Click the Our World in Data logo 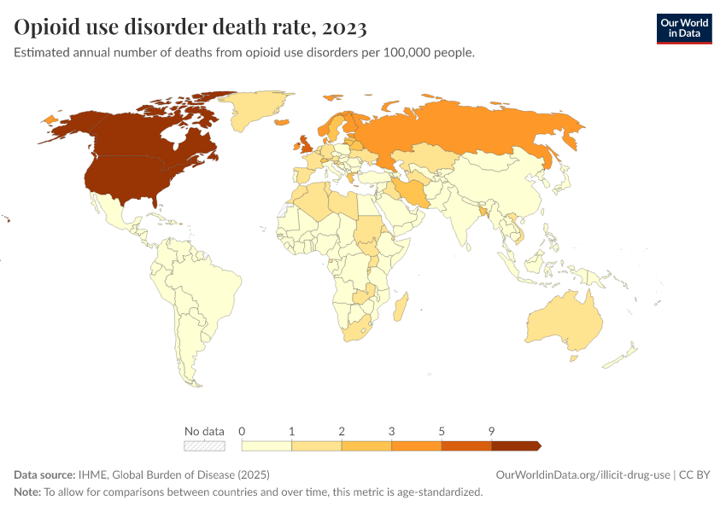(683, 28)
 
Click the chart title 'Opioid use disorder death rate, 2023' (190, 28)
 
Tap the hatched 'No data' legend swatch (205, 445)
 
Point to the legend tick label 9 (491, 431)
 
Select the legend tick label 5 (442, 431)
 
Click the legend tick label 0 (243, 431)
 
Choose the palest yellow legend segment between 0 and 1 (266, 445)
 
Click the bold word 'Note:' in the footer (27, 492)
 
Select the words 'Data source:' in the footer (44, 474)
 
